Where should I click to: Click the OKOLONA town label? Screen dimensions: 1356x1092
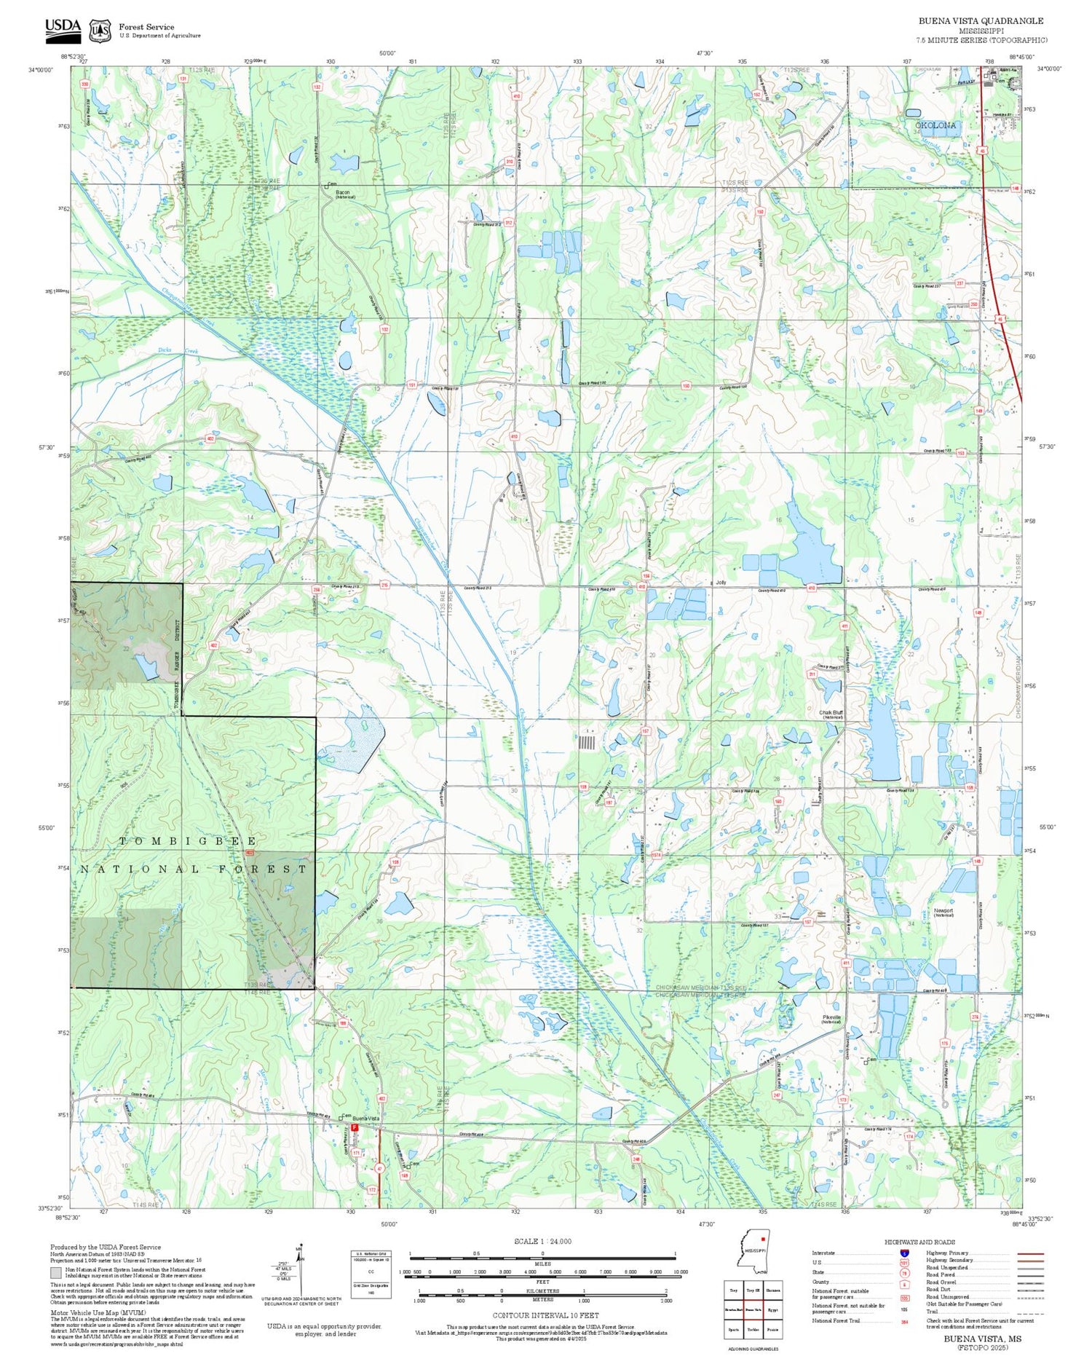(935, 125)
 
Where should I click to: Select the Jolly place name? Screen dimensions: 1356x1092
(721, 583)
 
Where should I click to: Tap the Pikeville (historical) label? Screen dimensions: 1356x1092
(831, 1019)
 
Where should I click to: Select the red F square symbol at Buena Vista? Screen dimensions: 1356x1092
(355, 1127)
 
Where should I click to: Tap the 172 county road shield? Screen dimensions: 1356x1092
(372, 1190)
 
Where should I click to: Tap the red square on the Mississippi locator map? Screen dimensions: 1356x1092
(761, 1237)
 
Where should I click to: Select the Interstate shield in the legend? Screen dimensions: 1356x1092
(904, 1253)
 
